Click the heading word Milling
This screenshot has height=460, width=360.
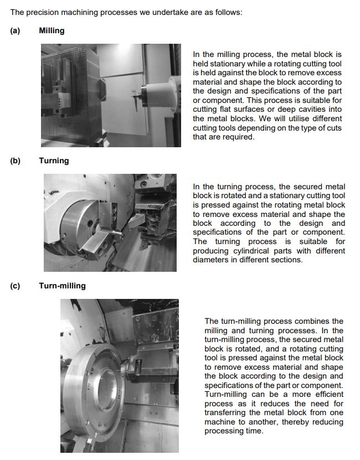[x=52, y=30]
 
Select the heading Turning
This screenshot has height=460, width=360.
[x=54, y=161]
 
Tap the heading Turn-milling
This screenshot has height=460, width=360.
[x=62, y=286]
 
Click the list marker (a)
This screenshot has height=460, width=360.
[x=15, y=30]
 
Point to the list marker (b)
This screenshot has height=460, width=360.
[x=15, y=161]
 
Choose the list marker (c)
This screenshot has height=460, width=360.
[x=15, y=286]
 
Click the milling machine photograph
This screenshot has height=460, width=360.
[x=111, y=95]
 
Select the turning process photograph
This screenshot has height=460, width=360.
[x=110, y=223]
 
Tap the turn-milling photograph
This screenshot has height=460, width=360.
[x=120, y=376]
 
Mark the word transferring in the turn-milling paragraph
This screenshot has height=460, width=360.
[x=227, y=413]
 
